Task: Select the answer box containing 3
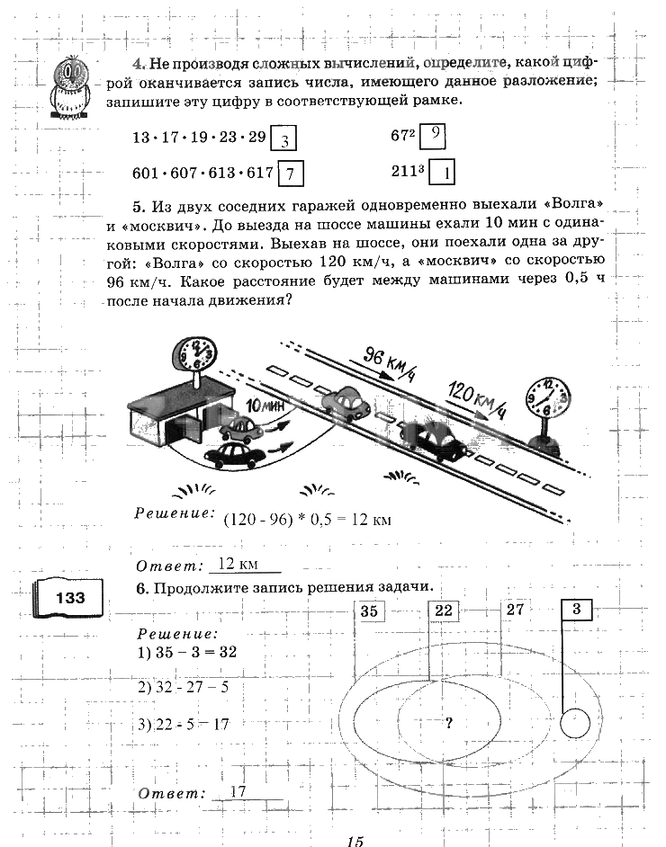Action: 283,139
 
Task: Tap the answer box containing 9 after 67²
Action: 434,134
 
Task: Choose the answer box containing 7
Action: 292,173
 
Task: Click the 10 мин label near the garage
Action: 265,406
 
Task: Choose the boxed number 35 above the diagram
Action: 368,611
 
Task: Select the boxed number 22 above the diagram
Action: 444,611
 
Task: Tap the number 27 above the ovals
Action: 514,610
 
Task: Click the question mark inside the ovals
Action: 447,720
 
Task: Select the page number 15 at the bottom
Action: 354,840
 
